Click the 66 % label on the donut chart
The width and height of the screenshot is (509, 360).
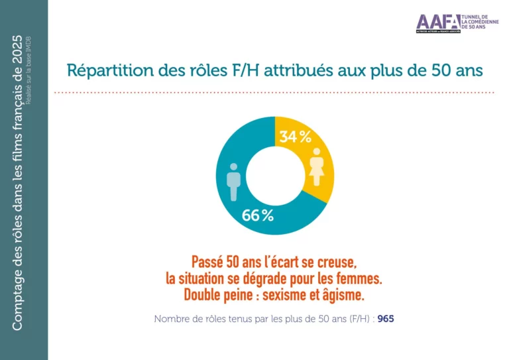pos(258,215)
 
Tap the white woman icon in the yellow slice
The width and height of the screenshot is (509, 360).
pos(317,166)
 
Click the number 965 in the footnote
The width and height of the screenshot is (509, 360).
pos(386,319)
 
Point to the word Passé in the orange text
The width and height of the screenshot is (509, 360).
pos(207,261)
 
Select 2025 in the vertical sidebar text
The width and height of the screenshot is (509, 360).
pos(19,48)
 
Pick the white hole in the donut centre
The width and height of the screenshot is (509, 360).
pos(274,176)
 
